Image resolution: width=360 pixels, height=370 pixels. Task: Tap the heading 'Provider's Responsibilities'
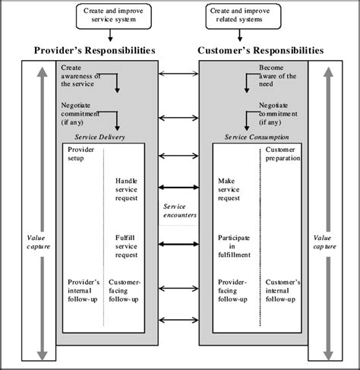click(x=95, y=50)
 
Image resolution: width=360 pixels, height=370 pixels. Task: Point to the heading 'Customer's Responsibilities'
click(x=261, y=50)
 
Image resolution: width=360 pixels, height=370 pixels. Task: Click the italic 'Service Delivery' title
click(x=101, y=137)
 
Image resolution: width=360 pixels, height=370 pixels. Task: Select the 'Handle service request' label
click(x=126, y=189)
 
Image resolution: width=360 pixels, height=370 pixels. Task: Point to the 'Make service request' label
click(x=229, y=189)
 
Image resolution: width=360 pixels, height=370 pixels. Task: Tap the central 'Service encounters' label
click(x=179, y=211)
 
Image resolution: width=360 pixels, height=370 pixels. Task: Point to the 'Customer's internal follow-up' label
click(x=283, y=289)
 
